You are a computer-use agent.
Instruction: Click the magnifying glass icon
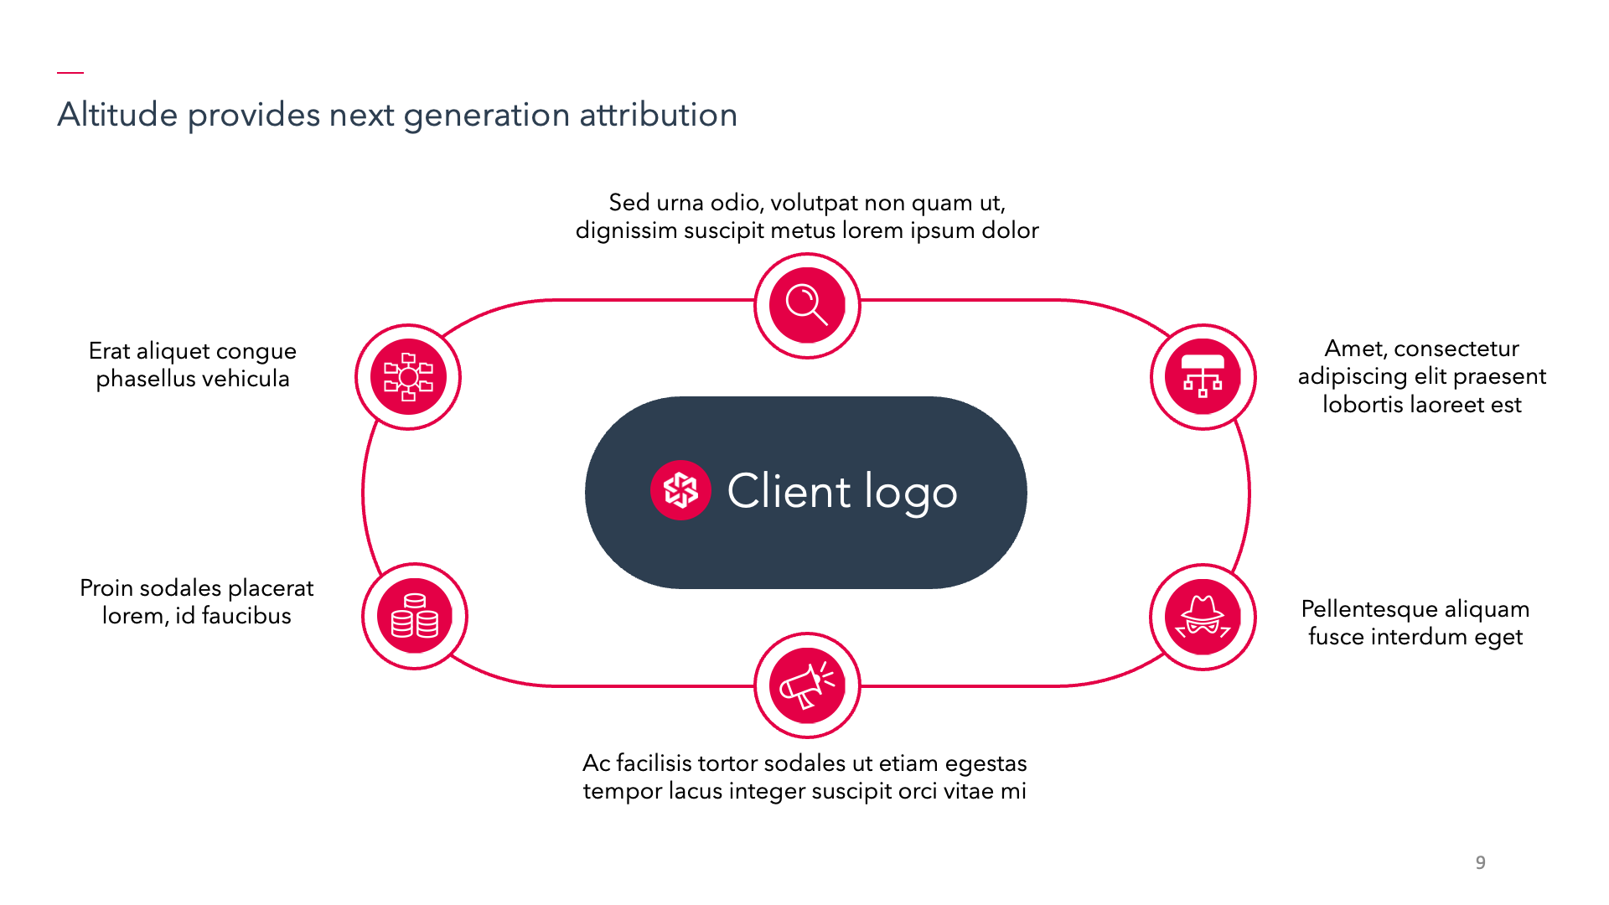tap(807, 306)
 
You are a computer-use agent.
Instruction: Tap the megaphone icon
tap(807, 685)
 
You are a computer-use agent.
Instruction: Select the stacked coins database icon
tap(415, 617)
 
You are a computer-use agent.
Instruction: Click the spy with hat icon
tap(1203, 617)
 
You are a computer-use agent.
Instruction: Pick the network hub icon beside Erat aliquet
tap(408, 377)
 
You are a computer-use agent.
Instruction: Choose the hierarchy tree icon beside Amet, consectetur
tap(1203, 377)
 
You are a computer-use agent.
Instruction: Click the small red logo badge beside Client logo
tap(680, 490)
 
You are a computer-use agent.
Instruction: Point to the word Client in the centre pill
tap(789, 490)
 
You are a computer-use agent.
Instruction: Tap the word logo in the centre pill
tap(911, 493)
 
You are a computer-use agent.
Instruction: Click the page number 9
tap(1481, 862)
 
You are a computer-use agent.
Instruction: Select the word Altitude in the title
tap(117, 115)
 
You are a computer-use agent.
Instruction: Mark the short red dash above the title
tap(70, 72)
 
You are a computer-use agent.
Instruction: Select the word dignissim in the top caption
tap(626, 230)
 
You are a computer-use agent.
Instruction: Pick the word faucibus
tap(246, 615)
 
